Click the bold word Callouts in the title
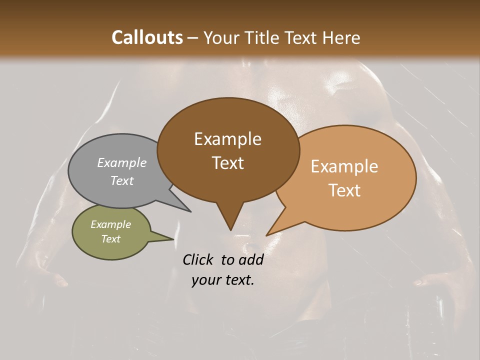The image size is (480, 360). click(147, 37)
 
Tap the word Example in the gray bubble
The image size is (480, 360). click(121, 163)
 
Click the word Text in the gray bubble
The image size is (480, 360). click(121, 180)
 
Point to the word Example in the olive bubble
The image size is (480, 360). click(110, 224)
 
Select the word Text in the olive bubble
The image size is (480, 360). click(110, 239)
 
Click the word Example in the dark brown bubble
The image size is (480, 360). click(227, 139)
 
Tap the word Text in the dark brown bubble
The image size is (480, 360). click(227, 163)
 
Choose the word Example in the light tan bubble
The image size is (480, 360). click(344, 166)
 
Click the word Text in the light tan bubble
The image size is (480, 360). click(344, 190)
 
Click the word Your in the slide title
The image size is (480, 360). click(222, 37)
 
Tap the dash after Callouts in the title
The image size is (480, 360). click(193, 38)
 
